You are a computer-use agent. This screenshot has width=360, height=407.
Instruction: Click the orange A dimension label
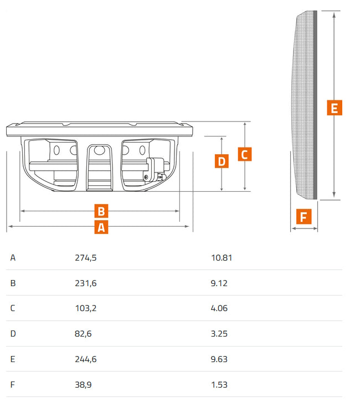101,227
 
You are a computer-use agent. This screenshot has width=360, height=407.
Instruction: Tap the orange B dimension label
101,211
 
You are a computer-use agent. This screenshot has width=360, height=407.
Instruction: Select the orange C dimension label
245,154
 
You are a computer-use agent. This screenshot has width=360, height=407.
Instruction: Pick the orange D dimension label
222,161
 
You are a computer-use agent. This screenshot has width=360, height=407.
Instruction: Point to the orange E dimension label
335,108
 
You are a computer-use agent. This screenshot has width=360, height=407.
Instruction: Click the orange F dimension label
304,216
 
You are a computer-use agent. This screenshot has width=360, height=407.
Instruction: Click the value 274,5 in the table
86,258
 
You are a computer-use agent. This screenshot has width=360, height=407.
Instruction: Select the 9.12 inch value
219,283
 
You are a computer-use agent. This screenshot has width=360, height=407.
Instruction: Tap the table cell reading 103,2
86,308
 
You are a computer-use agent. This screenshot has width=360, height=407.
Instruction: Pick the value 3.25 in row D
219,334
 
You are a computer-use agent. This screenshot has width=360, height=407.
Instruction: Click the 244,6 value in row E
86,359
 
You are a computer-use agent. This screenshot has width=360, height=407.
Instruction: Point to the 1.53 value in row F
219,384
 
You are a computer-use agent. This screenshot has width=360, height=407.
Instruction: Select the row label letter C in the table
13,308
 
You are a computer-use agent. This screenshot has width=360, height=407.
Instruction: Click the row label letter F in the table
12,384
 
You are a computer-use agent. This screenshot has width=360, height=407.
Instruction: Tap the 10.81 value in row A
222,258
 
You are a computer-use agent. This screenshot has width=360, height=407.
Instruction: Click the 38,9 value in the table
83,384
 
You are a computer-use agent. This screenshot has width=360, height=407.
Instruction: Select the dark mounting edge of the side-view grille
316,105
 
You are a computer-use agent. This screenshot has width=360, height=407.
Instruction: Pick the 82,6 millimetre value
83,334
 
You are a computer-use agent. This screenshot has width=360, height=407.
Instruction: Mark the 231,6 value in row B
86,283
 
